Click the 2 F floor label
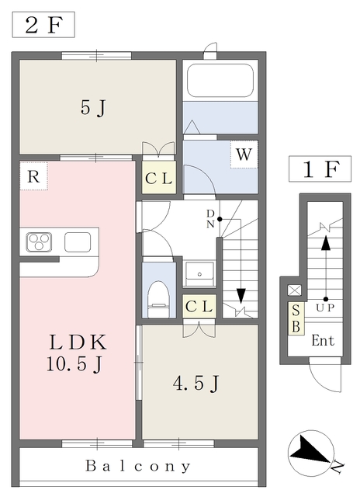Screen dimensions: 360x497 pyautogui.click(x=43, y=25)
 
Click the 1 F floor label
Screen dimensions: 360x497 pyautogui.click(x=320, y=169)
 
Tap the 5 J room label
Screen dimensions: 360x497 pyautogui.click(x=93, y=108)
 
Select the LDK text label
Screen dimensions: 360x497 pyautogui.click(x=78, y=342)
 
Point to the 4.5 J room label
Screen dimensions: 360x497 pyautogui.click(x=196, y=383)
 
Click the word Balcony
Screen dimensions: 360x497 pyautogui.click(x=138, y=466)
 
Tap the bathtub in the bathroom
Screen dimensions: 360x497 pyautogui.click(x=220, y=81)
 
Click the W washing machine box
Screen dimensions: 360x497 pyautogui.click(x=244, y=155)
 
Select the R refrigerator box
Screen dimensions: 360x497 pyautogui.click(x=33, y=176)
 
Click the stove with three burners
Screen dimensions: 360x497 pyautogui.click(x=40, y=242)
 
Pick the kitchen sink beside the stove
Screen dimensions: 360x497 pyautogui.click(x=78, y=242)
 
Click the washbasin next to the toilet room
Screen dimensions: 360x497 pyautogui.click(x=199, y=274)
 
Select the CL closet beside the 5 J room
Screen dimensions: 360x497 pyautogui.click(x=159, y=178)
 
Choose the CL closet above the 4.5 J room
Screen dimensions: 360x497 pyautogui.click(x=199, y=307)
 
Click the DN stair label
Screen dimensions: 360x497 pyautogui.click(x=210, y=219)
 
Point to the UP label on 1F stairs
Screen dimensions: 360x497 pyautogui.click(x=325, y=308)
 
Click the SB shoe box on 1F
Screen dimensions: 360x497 pyautogui.click(x=296, y=318)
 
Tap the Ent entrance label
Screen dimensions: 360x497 pyautogui.click(x=323, y=341)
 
